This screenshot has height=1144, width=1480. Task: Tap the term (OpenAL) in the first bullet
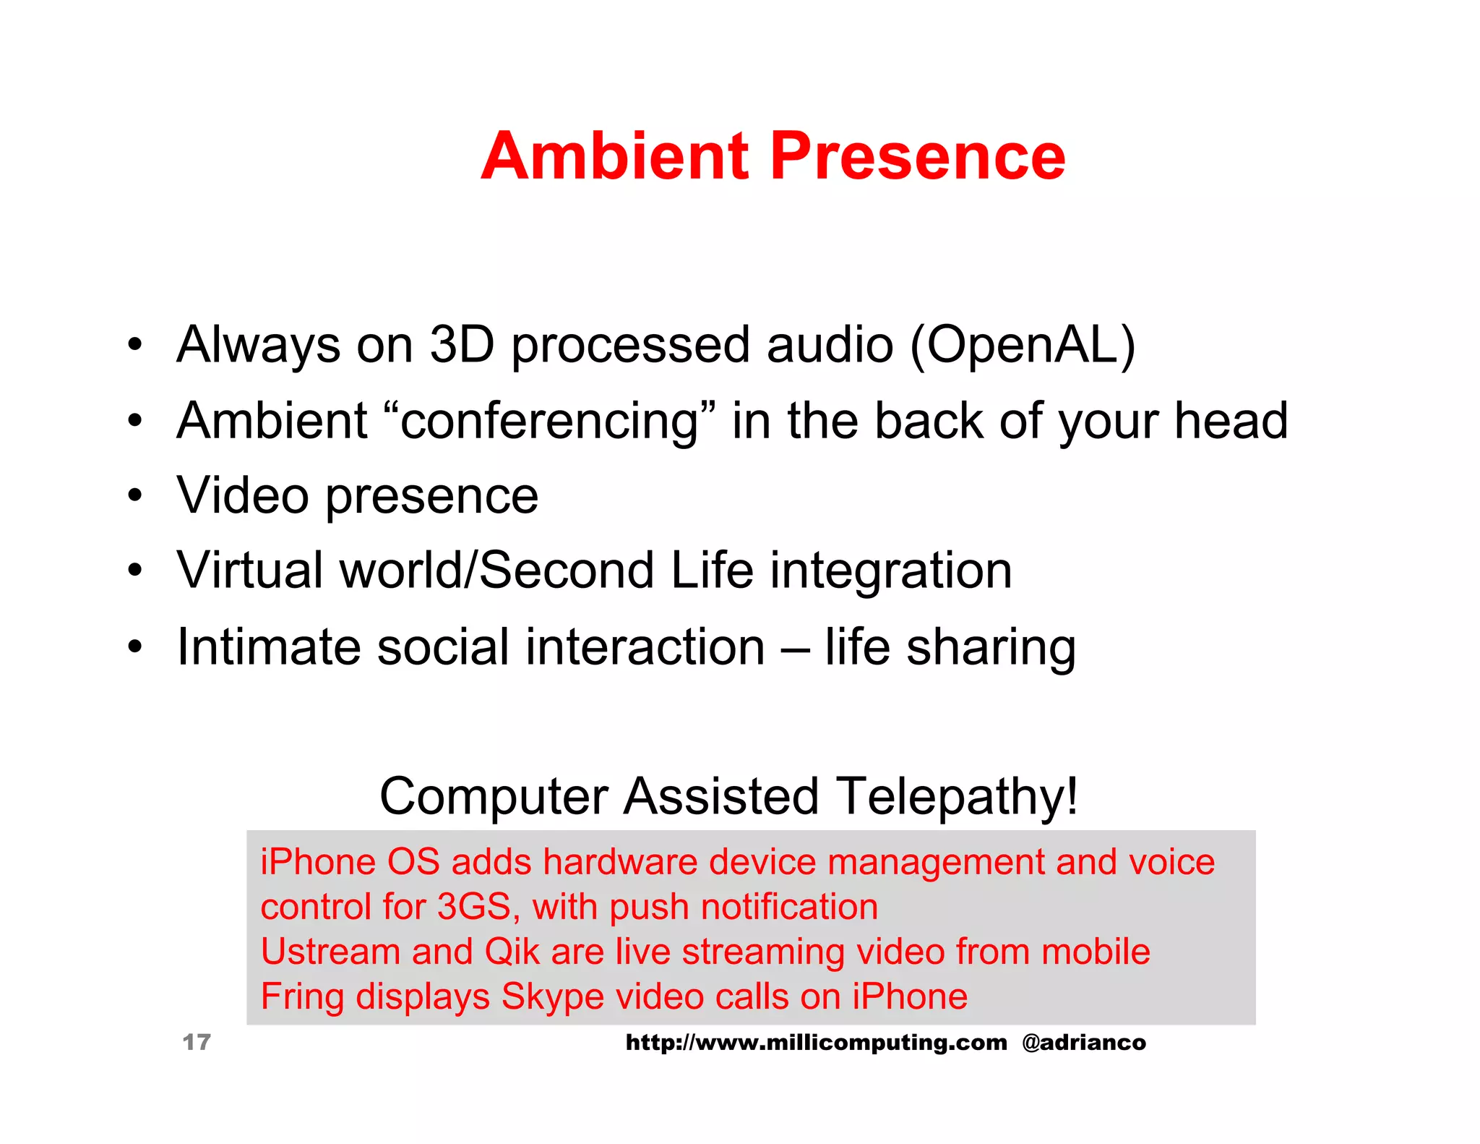pos(1023,345)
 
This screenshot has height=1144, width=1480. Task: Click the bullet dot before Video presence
pos(135,496)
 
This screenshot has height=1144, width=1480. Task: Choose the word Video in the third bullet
pos(243,496)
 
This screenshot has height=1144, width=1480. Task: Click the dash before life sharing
pos(795,648)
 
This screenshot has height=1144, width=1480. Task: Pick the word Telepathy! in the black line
pos(957,797)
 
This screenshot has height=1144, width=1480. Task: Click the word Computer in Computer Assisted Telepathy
pos(494,797)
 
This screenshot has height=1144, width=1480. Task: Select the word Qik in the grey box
pos(512,952)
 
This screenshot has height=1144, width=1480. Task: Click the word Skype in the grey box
pos(553,997)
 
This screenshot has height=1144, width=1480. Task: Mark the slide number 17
pos(197,1042)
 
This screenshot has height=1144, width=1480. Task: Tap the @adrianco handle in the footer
pos(1084,1042)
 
